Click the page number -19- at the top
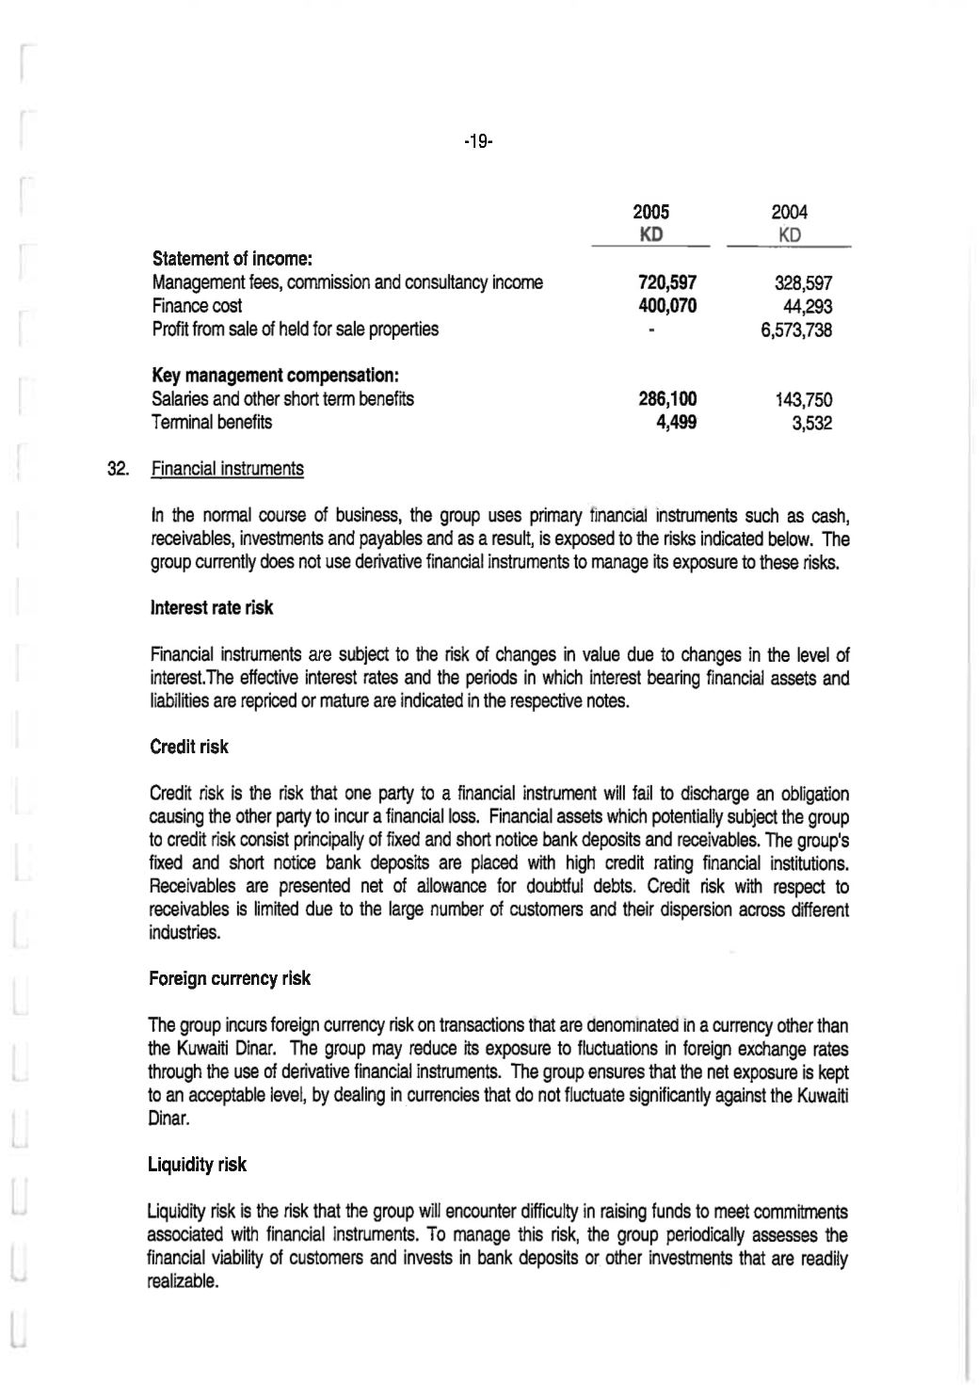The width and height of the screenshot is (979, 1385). coord(478,142)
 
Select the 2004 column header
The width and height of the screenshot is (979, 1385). coord(790,213)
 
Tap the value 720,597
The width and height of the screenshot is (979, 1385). coord(667,282)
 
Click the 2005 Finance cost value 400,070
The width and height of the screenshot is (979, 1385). coord(667,306)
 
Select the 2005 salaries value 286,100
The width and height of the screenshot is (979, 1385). coord(667,399)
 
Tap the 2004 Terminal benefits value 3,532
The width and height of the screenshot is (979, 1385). coord(811,423)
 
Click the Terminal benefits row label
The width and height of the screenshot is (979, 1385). coord(212,422)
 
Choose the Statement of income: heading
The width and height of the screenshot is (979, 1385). coord(233,258)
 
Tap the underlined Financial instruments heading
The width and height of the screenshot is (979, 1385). coord(227,469)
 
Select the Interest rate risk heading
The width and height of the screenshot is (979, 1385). coord(212,608)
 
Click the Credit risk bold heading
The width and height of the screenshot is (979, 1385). coord(188,747)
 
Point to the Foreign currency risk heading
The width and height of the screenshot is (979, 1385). coord(229,978)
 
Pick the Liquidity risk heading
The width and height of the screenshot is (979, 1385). coord(197,1165)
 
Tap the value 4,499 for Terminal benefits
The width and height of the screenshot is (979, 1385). coord(677,423)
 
